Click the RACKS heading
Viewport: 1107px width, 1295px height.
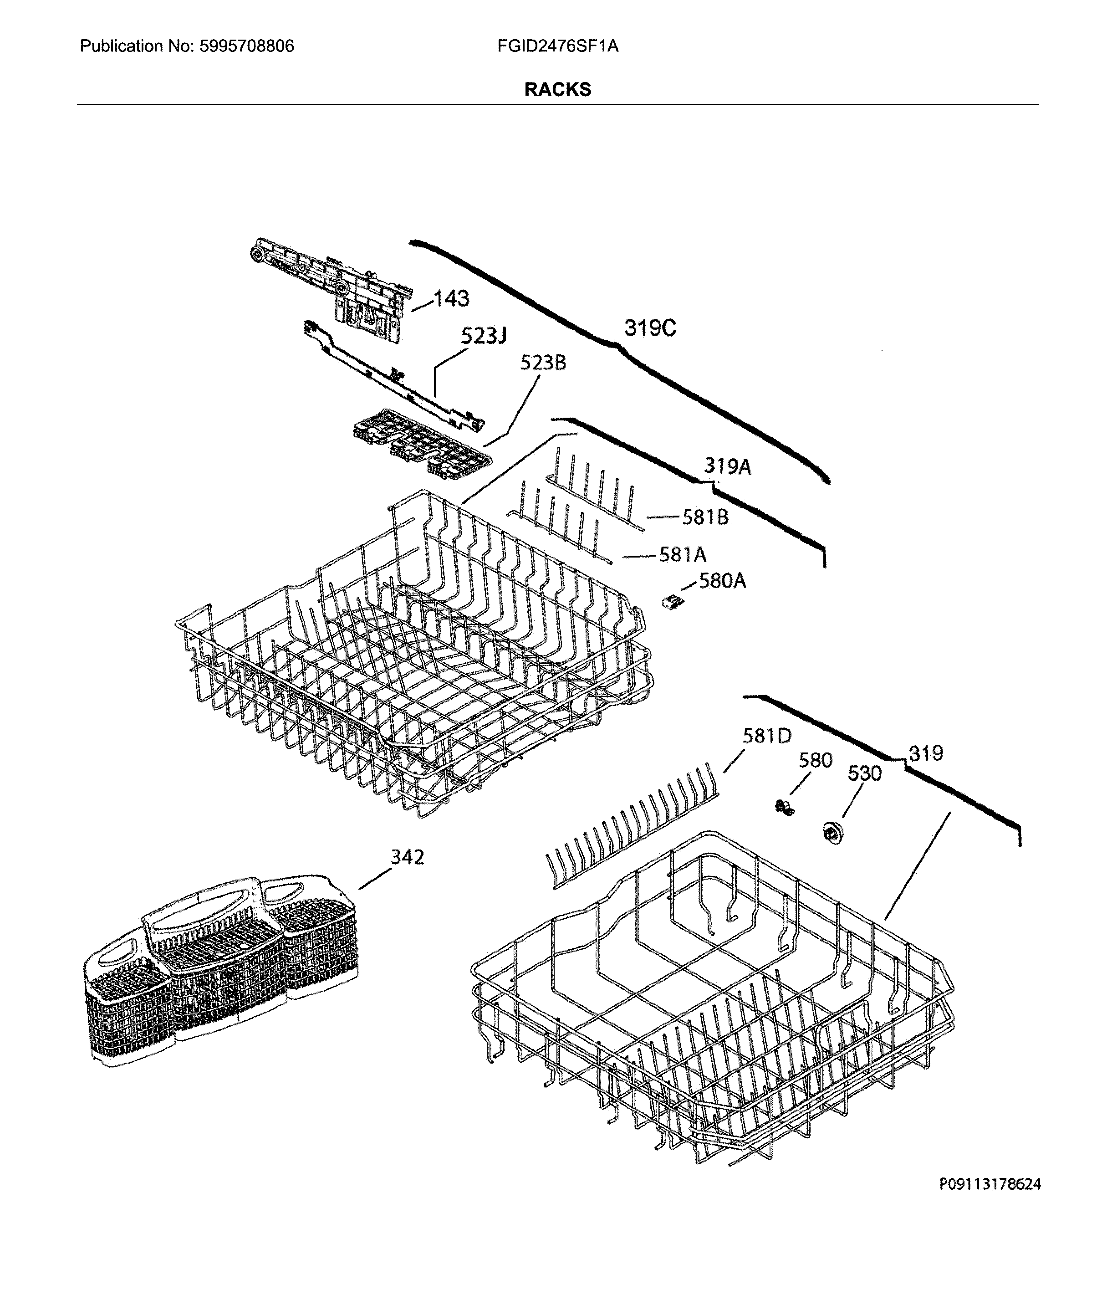coord(557,89)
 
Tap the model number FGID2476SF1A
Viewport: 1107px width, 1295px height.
coord(557,46)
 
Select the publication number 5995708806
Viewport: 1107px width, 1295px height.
coord(246,46)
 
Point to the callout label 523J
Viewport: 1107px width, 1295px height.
coord(483,336)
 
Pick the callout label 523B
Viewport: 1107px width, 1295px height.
coord(542,363)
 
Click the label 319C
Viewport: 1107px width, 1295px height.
coord(650,328)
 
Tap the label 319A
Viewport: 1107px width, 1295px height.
coord(727,466)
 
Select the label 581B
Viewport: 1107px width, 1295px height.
coord(704,517)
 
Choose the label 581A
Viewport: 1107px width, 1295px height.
coord(683,554)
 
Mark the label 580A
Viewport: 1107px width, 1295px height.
coord(722,581)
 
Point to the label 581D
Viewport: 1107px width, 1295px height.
coord(766,736)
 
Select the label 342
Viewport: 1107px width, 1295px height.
coord(407,857)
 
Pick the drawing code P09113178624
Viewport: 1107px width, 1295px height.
coord(990,1184)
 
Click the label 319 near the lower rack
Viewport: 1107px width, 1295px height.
coord(925,753)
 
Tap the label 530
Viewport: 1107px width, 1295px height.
coord(864,774)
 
